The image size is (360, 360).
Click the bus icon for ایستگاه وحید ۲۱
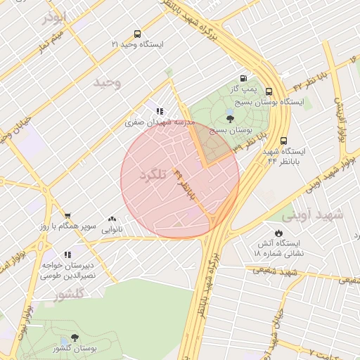tap(137, 33)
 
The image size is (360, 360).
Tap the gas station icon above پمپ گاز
tap(243, 78)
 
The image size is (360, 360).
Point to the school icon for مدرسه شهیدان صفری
tap(160, 110)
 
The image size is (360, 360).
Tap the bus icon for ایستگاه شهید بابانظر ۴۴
tap(283, 141)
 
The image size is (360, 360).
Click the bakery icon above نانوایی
tap(112, 219)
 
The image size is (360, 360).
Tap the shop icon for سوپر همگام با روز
tap(67, 216)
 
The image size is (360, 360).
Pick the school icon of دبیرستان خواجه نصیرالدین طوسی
tap(67, 255)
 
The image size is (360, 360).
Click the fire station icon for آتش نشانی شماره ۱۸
tap(278, 232)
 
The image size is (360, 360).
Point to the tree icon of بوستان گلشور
tap(75, 339)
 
